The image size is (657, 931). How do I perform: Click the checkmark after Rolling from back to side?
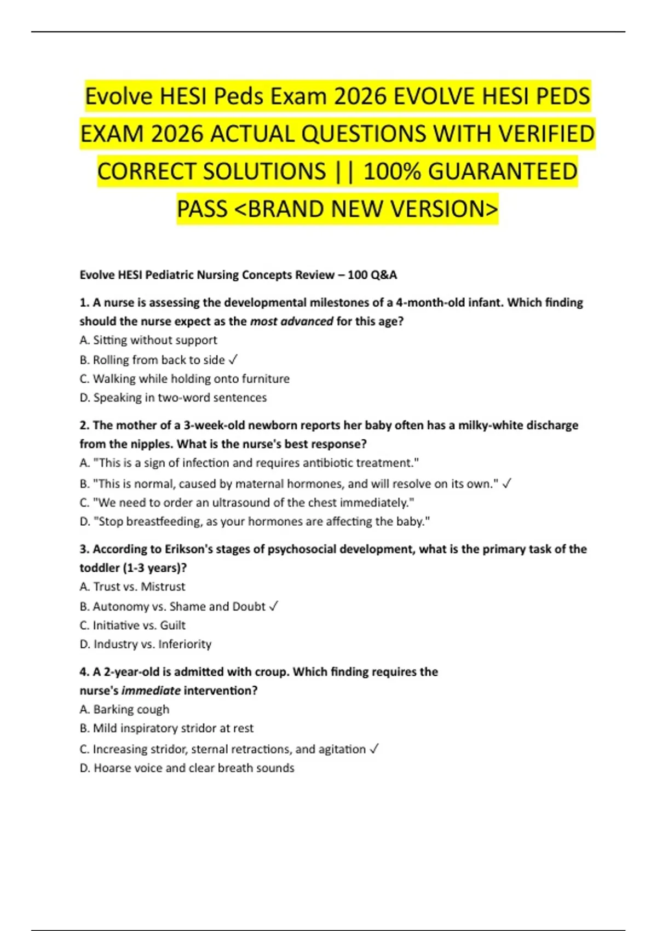[233, 360]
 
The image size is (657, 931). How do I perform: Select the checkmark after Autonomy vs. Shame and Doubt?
[274, 606]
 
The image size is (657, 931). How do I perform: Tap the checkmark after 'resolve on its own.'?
[506, 484]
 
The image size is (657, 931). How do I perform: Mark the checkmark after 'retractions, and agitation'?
[374, 749]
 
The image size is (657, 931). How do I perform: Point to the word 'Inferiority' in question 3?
[185, 644]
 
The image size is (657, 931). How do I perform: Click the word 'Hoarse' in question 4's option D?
[111, 768]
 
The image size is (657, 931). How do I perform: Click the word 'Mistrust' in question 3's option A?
[163, 587]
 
